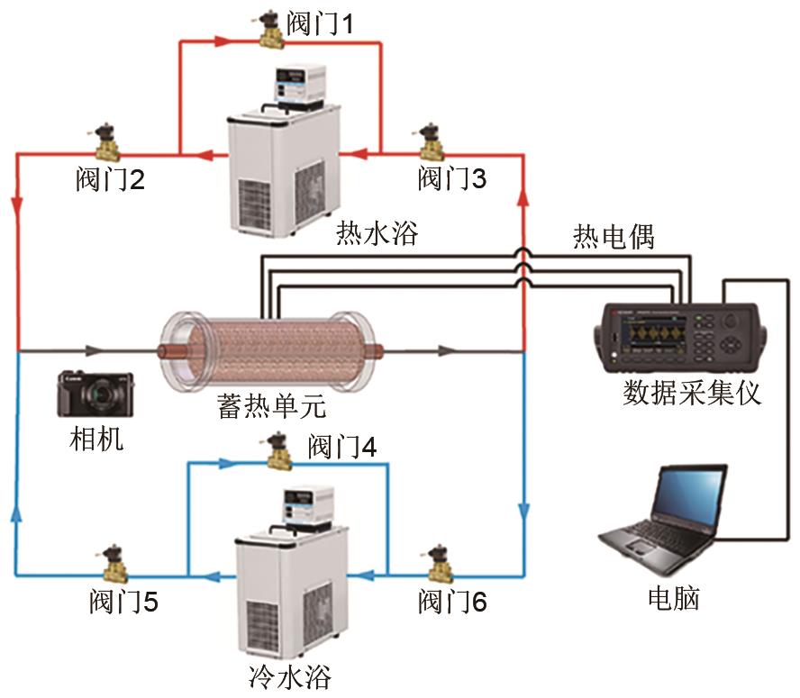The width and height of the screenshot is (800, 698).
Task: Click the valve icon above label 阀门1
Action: pos(268,30)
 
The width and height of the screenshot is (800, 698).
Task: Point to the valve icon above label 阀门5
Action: pos(116,562)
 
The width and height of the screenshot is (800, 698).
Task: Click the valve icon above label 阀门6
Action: pos(441,562)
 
